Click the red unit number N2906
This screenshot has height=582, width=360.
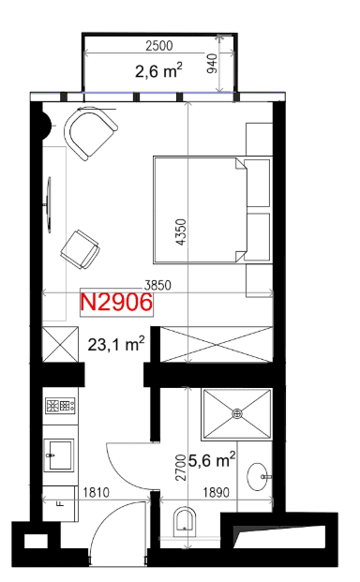coord(116,302)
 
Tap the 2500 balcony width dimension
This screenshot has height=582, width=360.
coord(159,46)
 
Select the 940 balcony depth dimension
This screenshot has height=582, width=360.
coord(211,64)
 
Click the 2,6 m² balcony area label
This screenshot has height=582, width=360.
coord(158,70)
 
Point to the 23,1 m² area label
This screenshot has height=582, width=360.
coord(116,344)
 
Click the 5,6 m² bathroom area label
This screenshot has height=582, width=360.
coord(212,460)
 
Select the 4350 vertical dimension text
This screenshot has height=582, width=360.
coord(181,232)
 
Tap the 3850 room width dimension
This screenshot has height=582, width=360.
coord(157,285)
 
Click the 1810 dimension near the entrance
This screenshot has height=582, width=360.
coord(97,492)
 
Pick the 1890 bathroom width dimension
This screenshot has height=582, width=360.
coord(216,492)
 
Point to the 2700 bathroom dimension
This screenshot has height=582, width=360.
coord(181,468)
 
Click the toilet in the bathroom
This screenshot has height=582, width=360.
coord(185,521)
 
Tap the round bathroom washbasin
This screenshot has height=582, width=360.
coord(259,477)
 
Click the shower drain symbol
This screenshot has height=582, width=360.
coord(237,413)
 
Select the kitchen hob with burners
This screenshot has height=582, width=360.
coord(61,405)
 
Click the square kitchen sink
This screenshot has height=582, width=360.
coord(60,455)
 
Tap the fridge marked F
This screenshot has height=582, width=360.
coord(60,503)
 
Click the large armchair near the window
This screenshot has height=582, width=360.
coord(90,133)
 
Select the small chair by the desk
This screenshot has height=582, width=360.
coord(80,249)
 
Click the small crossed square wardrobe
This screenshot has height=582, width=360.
coord(61,344)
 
